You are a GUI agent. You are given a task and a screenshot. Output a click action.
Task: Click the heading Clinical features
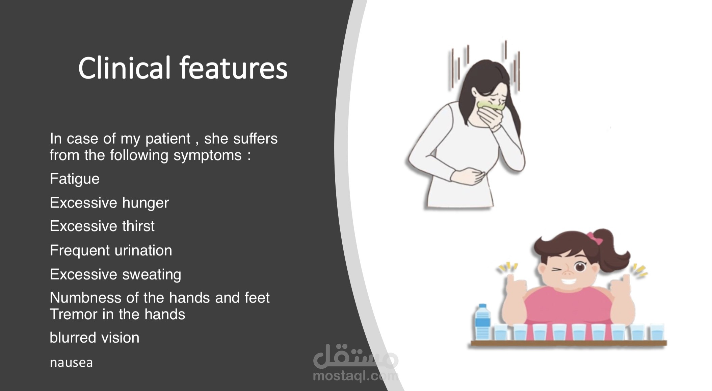[x=183, y=68]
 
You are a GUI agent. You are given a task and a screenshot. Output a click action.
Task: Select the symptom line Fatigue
[x=75, y=179]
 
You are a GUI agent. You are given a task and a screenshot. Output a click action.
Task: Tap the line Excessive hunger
[x=109, y=203]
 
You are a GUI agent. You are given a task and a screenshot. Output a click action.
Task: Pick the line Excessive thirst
[x=102, y=226]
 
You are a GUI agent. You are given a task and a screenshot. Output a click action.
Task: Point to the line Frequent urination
[x=111, y=250]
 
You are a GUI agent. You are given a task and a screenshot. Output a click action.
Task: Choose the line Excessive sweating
[x=115, y=274]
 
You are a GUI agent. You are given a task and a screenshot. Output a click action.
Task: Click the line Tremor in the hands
[x=117, y=314]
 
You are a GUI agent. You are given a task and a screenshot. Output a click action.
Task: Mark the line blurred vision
[x=95, y=338]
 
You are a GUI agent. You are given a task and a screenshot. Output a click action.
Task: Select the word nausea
[x=71, y=363]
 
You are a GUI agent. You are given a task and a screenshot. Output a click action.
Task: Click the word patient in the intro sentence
[x=168, y=139]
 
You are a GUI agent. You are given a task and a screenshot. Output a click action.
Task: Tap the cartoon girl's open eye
[x=580, y=267]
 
